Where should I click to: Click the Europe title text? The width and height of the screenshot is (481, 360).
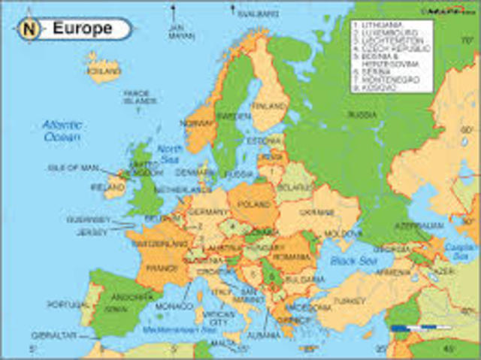click(x=82, y=29)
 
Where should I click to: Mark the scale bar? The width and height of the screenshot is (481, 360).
click(x=421, y=328)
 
